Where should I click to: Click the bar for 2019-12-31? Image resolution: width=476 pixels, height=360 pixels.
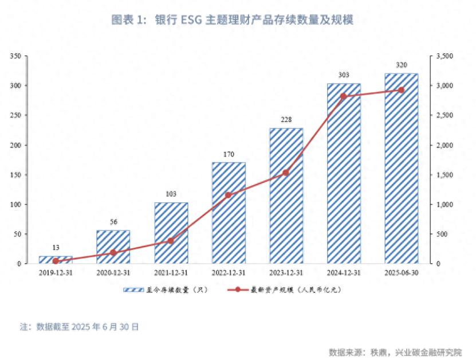coord(56,260)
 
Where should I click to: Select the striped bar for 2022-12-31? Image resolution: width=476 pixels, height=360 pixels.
coord(229,213)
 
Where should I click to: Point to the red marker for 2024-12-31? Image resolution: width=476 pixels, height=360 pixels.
coord(344,96)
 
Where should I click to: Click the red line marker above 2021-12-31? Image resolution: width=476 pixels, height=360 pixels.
coord(171,241)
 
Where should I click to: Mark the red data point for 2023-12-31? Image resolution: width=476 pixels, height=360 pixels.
coord(286,173)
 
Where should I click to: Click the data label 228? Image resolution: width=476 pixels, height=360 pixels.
coord(286,119)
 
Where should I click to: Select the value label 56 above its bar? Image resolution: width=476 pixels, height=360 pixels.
coord(113,222)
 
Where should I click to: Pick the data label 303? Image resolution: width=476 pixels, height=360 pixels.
coord(344,75)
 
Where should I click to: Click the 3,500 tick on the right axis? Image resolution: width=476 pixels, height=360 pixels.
coord(444,56)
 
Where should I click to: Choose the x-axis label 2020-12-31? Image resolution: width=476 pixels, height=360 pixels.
coord(113,273)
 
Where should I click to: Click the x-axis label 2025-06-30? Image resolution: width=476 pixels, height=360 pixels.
coord(401,273)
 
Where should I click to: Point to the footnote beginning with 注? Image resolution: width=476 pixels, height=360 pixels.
coord(79,327)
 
